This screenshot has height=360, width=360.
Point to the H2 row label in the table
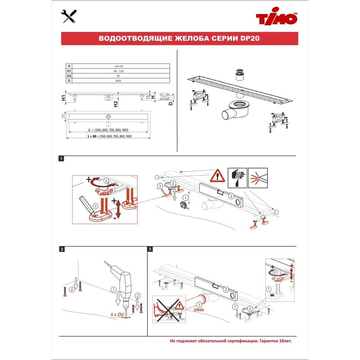(x=69, y=75)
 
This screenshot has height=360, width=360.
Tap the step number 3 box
(x=150, y=249)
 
